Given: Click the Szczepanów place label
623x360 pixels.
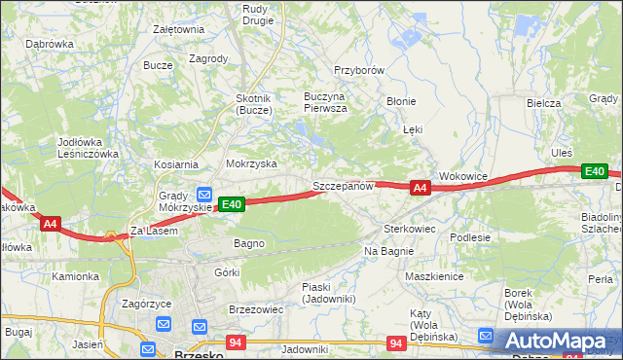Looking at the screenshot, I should [x=343, y=186].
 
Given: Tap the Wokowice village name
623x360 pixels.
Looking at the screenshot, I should [x=462, y=176].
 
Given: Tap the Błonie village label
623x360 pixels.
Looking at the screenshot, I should [x=401, y=101].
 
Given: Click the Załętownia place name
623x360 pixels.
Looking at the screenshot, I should [x=178, y=29].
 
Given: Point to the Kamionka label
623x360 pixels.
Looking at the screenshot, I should [x=76, y=276].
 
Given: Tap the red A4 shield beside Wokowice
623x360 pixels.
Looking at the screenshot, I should [x=420, y=188].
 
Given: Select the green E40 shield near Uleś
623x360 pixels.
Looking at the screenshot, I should [x=594, y=172].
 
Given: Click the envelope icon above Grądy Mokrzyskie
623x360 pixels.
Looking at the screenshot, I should [x=205, y=193].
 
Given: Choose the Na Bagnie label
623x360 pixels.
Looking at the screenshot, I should [x=389, y=251].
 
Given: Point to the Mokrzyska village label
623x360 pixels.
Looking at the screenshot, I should [x=251, y=164].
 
